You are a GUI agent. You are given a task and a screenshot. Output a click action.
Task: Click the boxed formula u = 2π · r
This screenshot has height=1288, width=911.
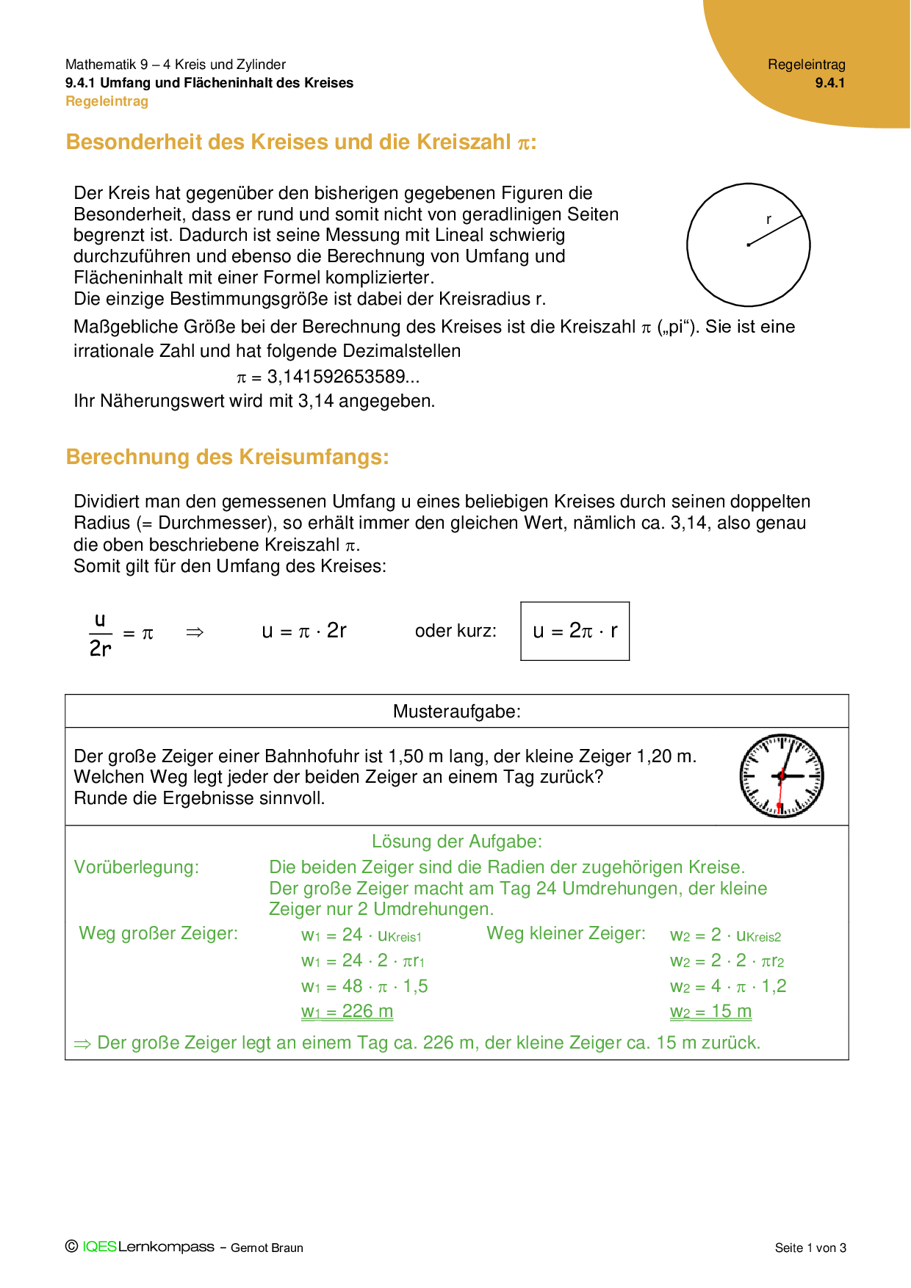pos(575,631)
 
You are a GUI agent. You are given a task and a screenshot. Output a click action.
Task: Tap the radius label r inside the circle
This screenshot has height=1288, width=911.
pos(768,219)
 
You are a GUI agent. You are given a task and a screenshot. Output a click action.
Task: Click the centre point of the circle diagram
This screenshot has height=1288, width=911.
pos(748,245)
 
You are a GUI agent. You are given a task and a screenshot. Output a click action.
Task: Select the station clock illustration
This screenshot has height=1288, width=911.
pos(781,775)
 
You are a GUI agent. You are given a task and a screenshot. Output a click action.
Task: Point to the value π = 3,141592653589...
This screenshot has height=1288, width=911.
pos(328,377)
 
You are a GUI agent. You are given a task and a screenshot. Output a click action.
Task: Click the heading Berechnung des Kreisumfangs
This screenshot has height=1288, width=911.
pos(227,457)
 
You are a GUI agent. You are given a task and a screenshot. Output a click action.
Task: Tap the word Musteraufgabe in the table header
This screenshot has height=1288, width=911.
pos(456,711)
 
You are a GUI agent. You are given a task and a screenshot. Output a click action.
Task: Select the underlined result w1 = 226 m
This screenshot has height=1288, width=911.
pos(347,1011)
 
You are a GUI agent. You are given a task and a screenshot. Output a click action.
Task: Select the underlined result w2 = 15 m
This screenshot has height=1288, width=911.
pos(710,1011)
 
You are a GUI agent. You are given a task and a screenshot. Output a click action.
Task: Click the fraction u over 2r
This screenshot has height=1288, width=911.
pos(101,634)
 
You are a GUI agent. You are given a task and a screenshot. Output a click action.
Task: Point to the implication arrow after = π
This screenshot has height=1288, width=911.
pos(195,632)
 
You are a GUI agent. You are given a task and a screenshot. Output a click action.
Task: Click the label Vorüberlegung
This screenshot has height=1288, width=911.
pos(136,867)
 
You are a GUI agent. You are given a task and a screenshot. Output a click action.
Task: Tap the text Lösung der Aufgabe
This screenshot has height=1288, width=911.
pos(456,842)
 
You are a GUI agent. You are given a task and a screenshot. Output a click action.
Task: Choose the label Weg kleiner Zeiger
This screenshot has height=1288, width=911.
pos(566,933)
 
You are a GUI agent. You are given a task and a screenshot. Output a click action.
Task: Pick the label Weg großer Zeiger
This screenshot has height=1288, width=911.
pos(158,933)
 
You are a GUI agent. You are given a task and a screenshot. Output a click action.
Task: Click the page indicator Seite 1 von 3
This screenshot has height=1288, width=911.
pos(810,1248)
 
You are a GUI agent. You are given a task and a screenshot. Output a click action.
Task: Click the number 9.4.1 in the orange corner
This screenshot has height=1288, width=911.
pos(829,83)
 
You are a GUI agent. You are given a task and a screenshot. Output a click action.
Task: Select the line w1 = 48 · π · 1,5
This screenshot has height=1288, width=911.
pos(364,986)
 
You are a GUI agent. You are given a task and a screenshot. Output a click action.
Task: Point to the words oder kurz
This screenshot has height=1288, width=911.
pos(455,631)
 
